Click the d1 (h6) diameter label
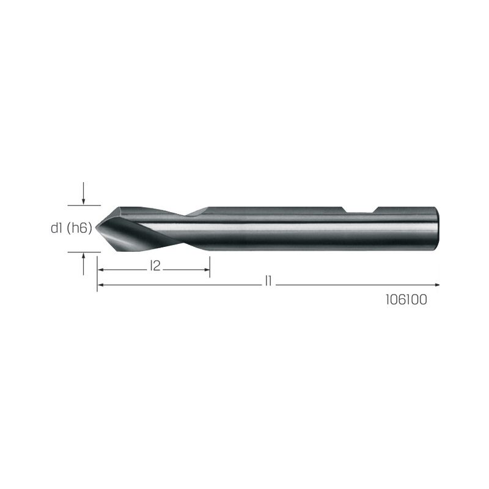point(72,228)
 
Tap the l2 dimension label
point(155,266)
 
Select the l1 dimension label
point(268,281)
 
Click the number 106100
point(406,300)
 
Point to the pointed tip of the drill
point(96,228)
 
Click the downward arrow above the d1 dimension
point(83,193)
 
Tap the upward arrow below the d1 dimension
point(83,264)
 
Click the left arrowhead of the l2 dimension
point(100,270)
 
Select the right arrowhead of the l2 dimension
point(207,270)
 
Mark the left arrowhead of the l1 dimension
point(100,284)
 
